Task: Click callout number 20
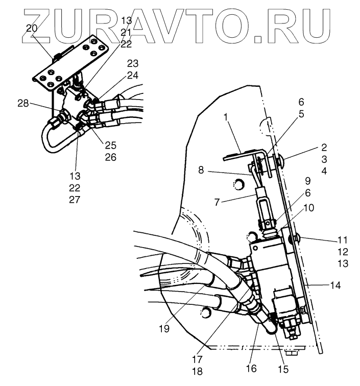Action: click(x=32, y=29)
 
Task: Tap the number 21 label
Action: click(x=126, y=32)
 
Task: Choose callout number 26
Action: click(x=111, y=157)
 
